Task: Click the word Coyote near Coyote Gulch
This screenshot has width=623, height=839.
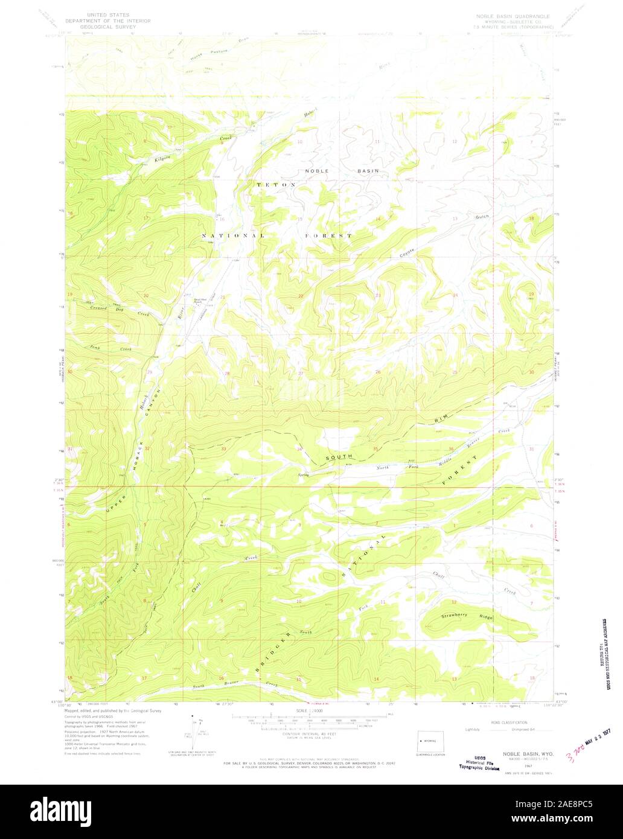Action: (407, 254)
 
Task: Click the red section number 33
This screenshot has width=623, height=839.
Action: (223, 449)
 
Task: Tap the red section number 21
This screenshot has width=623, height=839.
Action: (222, 297)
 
